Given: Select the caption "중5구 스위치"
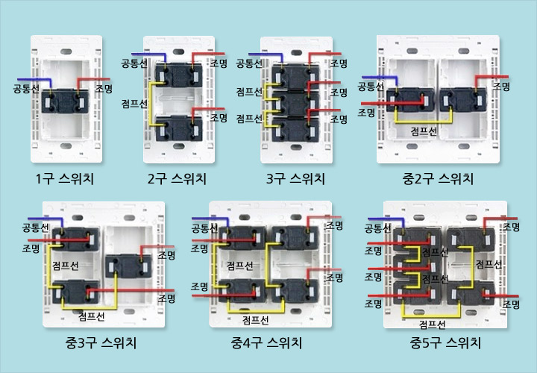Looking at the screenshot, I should point(445,343).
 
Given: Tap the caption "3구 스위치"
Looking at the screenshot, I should point(296,178).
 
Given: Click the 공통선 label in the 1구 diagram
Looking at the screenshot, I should point(27,89).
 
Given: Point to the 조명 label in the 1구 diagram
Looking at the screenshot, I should point(104,89).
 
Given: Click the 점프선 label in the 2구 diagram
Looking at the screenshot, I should point(135,104).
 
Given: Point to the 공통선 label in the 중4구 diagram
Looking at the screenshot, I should point(204,228).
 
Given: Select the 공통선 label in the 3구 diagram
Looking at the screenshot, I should point(251,64).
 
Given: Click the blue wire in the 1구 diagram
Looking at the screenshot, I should point(37,79).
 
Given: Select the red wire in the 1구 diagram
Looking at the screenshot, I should point(93,79).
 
